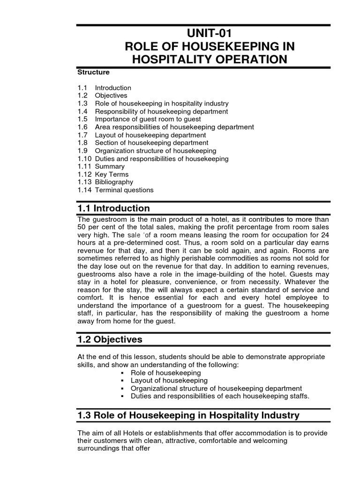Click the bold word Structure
pos(93,72)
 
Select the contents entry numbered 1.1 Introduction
pos(113,88)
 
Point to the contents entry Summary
pos(110,166)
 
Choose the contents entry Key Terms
pos(112,174)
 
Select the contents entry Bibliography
pos(114,182)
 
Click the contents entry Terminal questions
pos(124,190)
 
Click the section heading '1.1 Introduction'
pos(114,208)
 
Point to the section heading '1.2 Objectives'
pos(110,339)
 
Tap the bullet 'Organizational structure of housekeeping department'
pos(216,388)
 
